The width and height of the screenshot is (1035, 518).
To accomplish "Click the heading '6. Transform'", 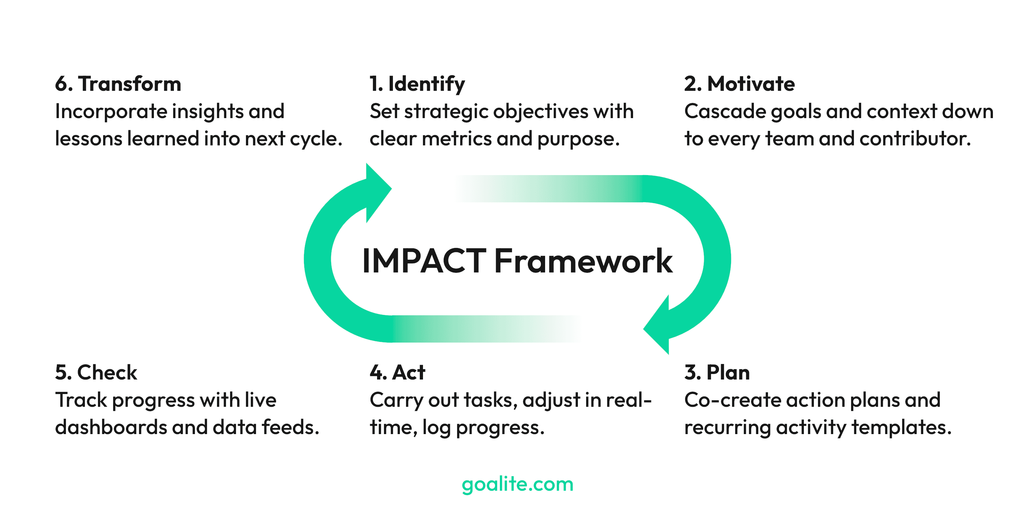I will click(x=118, y=84).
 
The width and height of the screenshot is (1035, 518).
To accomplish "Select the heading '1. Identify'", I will click(x=417, y=84).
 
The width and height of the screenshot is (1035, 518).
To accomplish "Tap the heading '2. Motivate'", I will click(x=739, y=84).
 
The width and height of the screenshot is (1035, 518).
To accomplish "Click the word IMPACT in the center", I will click(x=424, y=261).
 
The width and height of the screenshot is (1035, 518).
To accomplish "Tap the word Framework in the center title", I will click(x=583, y=261).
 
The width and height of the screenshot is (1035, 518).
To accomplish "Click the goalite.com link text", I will click(x=517, y=484).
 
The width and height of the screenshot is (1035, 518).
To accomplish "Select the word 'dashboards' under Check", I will click(x=111, y=427).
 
